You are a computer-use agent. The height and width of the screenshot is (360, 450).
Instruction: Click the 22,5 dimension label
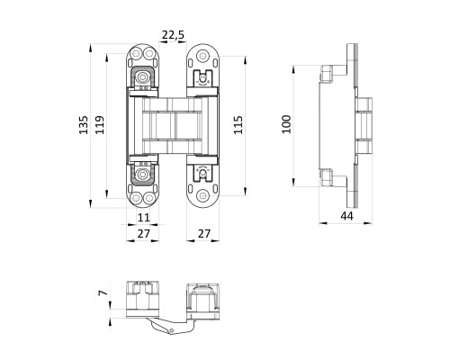(173, 35)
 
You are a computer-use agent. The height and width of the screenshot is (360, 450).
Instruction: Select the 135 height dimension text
(84, 125)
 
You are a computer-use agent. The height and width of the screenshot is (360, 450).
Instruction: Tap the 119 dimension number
(100, 125)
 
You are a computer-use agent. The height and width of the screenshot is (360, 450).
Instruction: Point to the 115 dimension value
(238, 125)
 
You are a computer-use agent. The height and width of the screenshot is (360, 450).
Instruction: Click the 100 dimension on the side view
(286, 124)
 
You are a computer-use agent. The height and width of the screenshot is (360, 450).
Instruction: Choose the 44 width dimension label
(346, 216)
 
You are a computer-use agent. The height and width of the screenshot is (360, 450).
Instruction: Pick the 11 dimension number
(143, 217)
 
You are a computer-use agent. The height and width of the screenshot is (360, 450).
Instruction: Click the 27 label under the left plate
(143, 233)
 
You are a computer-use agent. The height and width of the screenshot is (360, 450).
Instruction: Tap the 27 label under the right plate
(204, 233)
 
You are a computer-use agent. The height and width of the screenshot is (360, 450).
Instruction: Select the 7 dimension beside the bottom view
(103, 292)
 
